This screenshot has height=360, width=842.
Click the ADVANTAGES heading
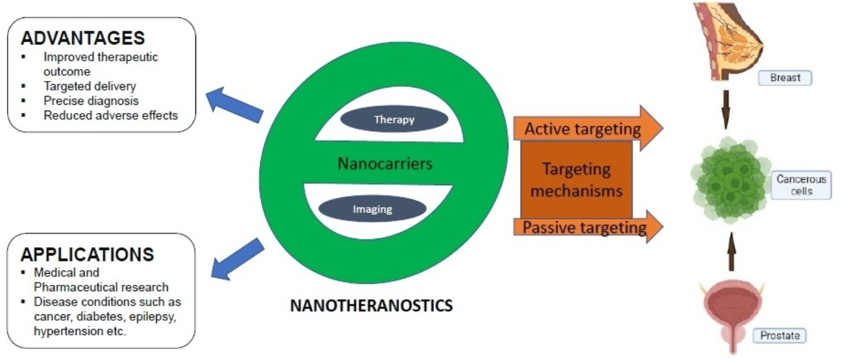pos(83,39)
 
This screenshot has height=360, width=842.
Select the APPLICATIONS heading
pos(87,255)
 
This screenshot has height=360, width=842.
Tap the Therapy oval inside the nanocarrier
pos(394,119)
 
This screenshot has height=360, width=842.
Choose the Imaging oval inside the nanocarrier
pos(373,209)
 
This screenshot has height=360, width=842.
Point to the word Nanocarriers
pos(385,163)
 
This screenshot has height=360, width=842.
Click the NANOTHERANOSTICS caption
pos(372,305)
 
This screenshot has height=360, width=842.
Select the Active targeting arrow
pos(588,129)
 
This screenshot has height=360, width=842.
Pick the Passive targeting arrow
pos(588,227)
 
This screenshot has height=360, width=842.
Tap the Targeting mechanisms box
pos(577,179)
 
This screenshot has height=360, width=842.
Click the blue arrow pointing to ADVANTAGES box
pos(235,105)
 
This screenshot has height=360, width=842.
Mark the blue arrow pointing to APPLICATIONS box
pos(238,259)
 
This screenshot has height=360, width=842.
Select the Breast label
pos(785,78)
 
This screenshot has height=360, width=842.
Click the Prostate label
pos(780,336)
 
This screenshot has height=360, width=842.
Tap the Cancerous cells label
pos(801,185)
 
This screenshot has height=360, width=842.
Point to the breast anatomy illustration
pos(728,41)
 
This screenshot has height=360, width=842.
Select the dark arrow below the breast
pos(726,110)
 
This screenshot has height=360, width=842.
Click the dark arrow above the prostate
pos(731,251)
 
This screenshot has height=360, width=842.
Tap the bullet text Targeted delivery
pos(90,86)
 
